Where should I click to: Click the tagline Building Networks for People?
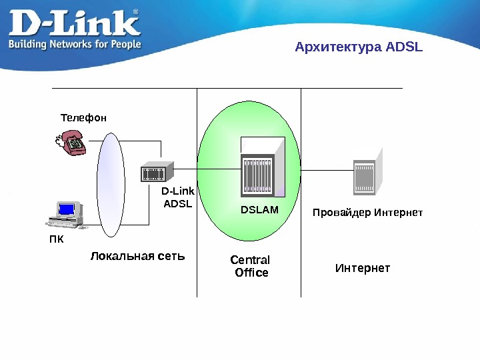(x=74, y=44)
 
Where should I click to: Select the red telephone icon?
(x=71, y=142)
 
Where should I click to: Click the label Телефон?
(x=83, y=118)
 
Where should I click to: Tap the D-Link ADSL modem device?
(x=156, y=172)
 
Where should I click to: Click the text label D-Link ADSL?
(x=177, y=198)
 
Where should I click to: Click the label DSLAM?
(x=259, y=211)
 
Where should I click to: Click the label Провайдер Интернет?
(x=368, y=213)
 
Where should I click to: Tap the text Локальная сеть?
(x=137, y=256)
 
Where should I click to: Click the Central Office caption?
(x=250, y=266)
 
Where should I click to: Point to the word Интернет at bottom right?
(x=362, y=268)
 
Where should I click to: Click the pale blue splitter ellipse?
(x=111, y=184)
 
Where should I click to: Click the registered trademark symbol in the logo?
(x=136, y=12)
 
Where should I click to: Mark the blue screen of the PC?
(x=67, y=209)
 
